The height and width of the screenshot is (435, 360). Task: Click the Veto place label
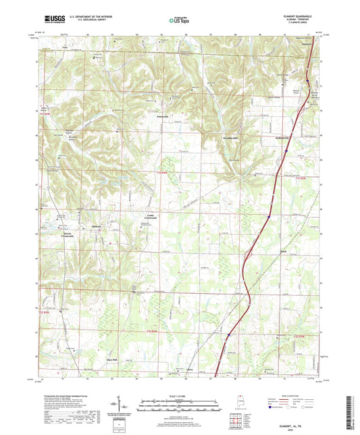(x=65, y=48)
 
